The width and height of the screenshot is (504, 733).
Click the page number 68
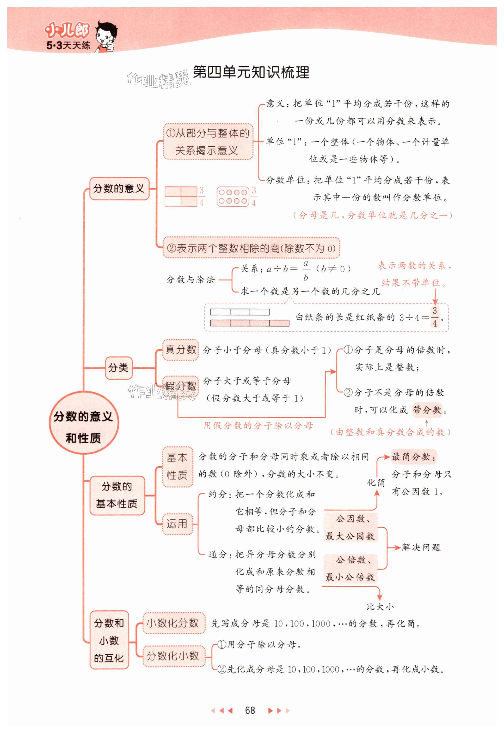250,710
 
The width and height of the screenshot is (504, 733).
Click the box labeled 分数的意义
119,189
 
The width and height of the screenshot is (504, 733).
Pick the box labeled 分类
118,367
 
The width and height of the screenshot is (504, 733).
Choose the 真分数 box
180,350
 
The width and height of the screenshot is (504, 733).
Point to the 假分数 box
180,386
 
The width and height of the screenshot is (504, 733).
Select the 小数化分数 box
173,623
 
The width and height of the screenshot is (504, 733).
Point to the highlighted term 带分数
427,410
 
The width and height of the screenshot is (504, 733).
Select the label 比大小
380,606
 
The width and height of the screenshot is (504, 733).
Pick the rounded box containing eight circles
233,197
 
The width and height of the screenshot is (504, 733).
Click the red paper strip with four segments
249,323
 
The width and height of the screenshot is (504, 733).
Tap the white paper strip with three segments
240,312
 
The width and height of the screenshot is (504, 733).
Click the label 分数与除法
190,279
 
